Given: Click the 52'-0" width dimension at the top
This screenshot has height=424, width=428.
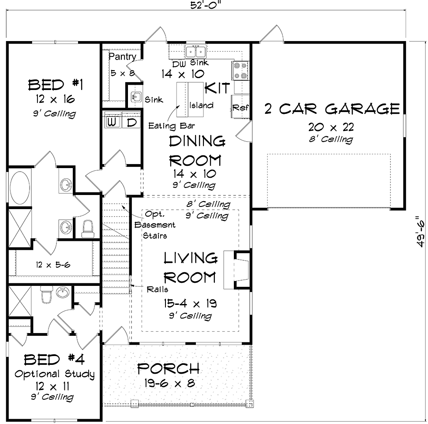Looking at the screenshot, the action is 206,5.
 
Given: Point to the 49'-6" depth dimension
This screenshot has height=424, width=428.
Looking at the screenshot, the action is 421,232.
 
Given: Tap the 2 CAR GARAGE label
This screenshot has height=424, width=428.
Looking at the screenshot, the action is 332,109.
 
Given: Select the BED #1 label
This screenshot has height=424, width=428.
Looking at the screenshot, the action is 56,85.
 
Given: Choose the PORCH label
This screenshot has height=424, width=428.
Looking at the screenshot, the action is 168,368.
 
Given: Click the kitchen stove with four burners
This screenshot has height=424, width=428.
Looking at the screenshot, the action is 240,71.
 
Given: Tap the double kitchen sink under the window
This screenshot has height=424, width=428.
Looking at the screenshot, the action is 195,51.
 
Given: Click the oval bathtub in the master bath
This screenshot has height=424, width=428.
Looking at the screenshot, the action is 20,187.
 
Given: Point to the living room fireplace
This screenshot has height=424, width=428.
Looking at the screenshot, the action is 237,270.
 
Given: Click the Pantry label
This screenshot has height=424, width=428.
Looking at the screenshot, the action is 123,57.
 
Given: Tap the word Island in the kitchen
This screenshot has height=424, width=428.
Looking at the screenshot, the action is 202,105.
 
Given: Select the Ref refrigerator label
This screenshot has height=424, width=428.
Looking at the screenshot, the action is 240,108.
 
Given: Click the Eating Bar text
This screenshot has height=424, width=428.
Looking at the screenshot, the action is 171,126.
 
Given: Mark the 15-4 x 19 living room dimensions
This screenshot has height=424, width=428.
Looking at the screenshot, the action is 190,303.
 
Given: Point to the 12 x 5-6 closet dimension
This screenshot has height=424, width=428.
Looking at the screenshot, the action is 53,265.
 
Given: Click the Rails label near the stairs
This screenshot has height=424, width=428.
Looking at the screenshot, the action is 157,289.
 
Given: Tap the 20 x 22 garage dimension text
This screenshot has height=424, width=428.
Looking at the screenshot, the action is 331,127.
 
